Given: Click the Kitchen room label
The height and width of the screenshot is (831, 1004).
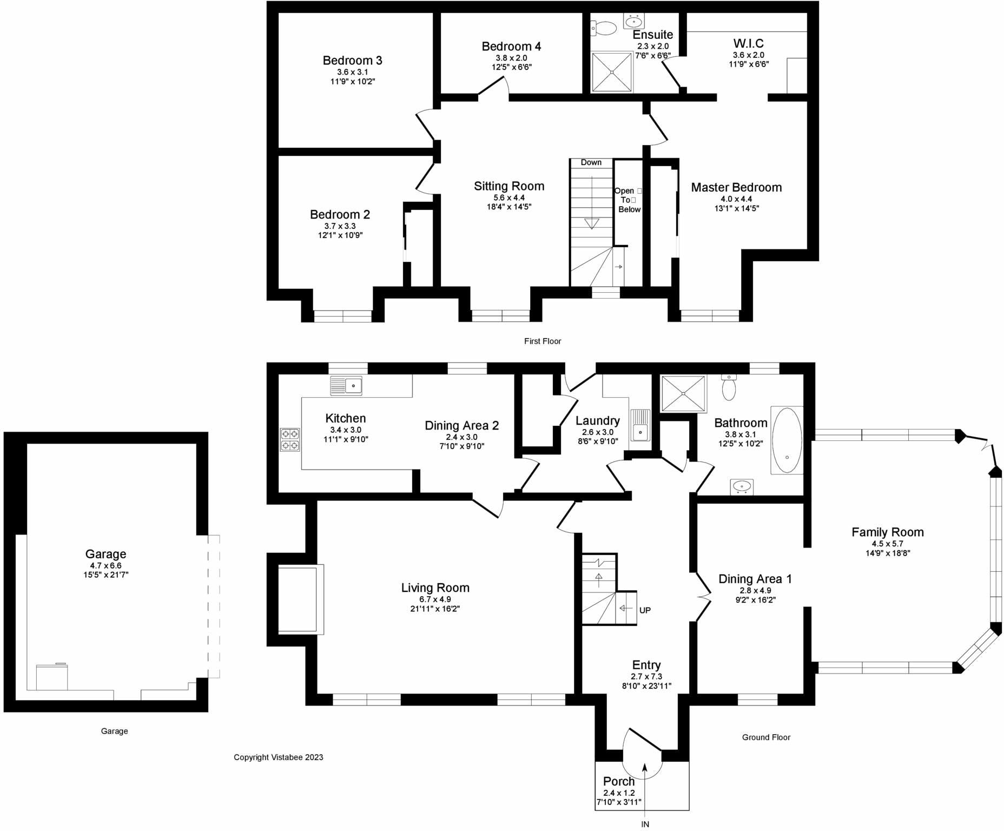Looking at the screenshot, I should click(345, 418).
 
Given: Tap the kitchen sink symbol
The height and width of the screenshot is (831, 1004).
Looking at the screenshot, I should click(346, 386).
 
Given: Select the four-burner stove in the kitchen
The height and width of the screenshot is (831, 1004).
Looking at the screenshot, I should click(289, 439).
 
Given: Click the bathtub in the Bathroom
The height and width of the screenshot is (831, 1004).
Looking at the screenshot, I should click(787, 440).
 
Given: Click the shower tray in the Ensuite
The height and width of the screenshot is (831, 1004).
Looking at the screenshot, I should click(612, 71).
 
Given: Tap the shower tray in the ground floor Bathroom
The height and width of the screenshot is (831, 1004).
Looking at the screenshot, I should click(683, 393).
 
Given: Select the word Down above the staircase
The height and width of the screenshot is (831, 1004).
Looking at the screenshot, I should click(591, 162).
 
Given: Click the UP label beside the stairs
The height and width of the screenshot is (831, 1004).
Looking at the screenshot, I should click(645, 610).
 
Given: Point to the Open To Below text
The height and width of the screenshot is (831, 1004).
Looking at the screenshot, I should click(627, 200).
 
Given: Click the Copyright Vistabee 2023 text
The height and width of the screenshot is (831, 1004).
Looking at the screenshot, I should click(278, 757).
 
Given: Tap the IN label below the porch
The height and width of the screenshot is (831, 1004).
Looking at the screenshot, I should click(645, 824).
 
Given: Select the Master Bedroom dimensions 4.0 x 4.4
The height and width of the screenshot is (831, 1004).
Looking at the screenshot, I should click(736, 199).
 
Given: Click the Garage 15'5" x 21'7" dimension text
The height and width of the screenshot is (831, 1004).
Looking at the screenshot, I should click(105, 575).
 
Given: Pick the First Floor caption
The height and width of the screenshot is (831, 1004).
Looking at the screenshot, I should click(542, 341).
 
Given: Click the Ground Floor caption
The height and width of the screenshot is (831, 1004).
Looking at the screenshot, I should click(765, 737).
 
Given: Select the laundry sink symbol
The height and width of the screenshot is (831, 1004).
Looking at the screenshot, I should click(641, 426).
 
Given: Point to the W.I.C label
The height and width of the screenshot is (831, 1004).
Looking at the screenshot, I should click(748, 43).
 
